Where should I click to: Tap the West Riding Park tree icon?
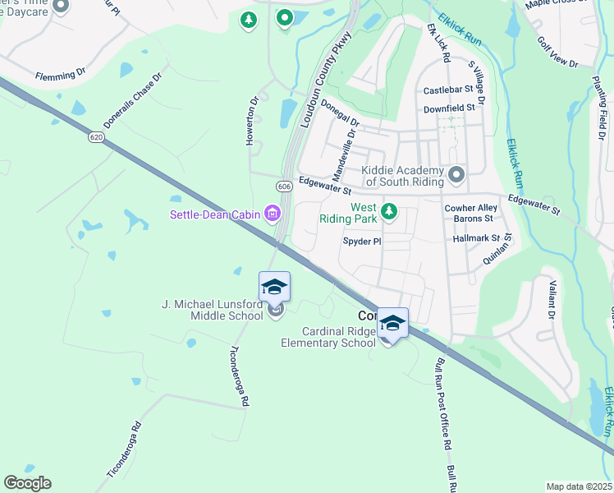point(389,213)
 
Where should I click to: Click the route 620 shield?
point(97,138)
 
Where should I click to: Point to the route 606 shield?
point(284,187)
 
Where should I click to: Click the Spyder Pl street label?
point(362,242)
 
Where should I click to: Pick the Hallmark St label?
point(476,237)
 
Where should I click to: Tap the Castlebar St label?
point(449,90)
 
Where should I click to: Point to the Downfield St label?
point(449,108)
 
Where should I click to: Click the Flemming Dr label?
point(60,75)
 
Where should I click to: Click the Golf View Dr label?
point(557,52)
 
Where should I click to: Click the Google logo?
point(27,483)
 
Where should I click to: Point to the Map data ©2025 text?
point(578,486)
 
